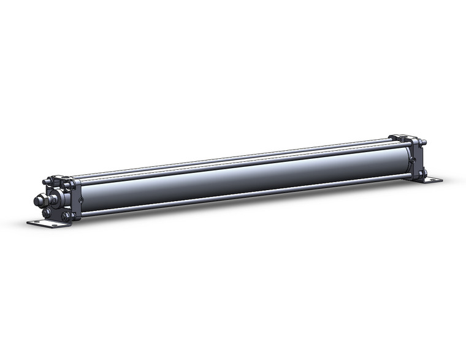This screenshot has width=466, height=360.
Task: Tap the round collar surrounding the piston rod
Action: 57,198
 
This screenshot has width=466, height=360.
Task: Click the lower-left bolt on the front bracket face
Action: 47,212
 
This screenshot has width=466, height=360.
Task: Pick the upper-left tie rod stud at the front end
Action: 47,182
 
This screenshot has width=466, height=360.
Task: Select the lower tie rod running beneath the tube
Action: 245,195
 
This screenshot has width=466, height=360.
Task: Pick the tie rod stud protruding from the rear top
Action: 424,142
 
